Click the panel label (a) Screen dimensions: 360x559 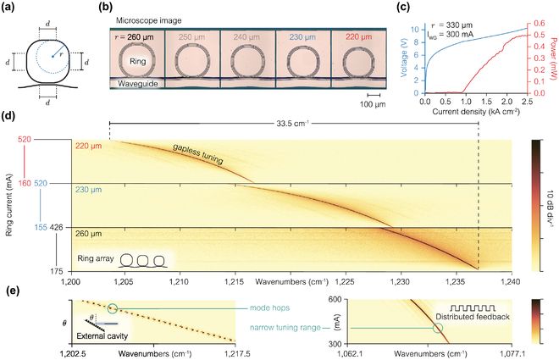pos(9,8)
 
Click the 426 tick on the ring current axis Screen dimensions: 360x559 pos(57,226)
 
